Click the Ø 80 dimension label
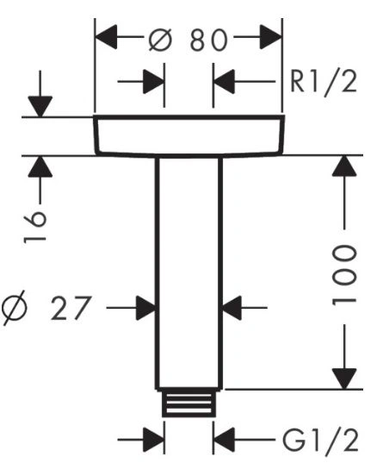pyautogui.click(x=188, y=40)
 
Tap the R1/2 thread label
pyautogui.click(x=324, y=83)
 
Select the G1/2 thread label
pyautogui.click(x=320, y=441)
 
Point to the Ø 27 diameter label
pyautogui.click(x=46, y=308)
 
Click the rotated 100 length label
pyautogui.click(x=344, y=276)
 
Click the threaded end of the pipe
pyautogui.click(x=188, y=403)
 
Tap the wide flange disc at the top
pyautogui.click(x=188, y=135)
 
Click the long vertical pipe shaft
pyautogui.click(x=188, y=272)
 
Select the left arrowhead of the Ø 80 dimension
pyautogui.click(x=106, y=37)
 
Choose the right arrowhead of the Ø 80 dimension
pyautogui.click(x=271, y=37)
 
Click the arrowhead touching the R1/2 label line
pyautogui.click(x=224, y=81)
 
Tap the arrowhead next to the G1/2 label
pyautogui.click(x=224, y=441)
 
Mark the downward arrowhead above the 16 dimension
pyautogui.click(x=40, y=106)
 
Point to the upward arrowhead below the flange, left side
pyautogui.click(x=40, y=166)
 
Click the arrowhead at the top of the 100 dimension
pyautogui.click(x=344, y=166)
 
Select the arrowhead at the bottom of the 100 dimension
pyautogui.click(x=344, y=379)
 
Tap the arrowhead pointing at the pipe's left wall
pyautogui.click(x=145, y=308)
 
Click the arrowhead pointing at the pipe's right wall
pyautogui.click(x=232, y=308)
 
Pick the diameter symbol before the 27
pyautogui.click(x=14, y=308)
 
